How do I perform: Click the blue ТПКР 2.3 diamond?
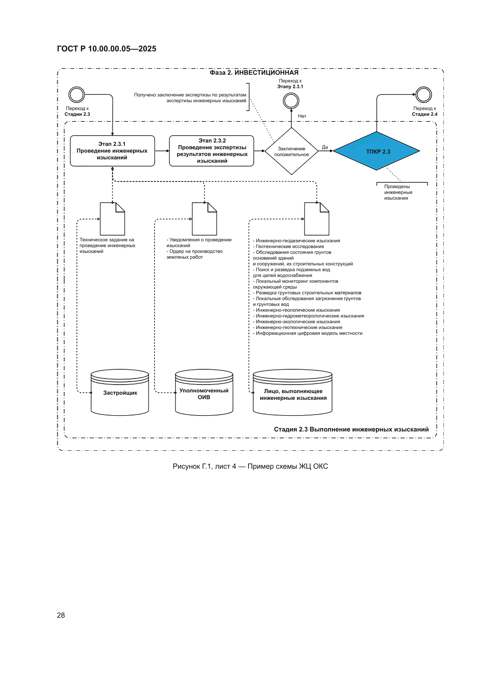point(377,151)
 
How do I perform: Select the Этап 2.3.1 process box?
point(112,151)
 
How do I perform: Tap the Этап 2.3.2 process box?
point(211,151)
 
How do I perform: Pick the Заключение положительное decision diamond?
point(291,151)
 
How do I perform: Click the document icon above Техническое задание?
point(112,219)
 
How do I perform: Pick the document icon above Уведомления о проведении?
point(204,219)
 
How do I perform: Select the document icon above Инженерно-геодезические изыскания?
point(317,219)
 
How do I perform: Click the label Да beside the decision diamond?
point(325,147)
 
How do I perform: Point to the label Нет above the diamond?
point(302,116)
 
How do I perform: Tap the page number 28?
point(61,615)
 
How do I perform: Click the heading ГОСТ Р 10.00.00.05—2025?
point(107,49)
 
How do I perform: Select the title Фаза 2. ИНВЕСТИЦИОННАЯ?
point(254,72)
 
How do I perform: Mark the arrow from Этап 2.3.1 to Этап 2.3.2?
point(162,151)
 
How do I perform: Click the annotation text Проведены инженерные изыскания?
point(398,192)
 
